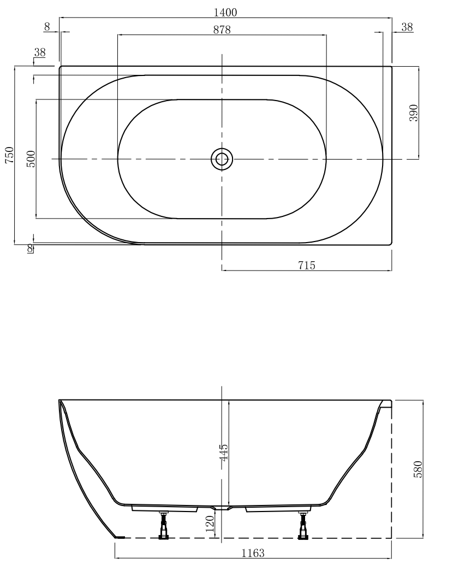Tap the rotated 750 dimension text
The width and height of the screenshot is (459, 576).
pyautogui.click(x=8, y=156)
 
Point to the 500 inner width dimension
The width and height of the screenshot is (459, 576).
pyautogui.click(x=31, y=159)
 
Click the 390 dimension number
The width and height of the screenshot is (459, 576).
pyautogui.click(x=413, y=113)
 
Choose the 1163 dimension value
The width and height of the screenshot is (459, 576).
pyautogui.click(x=253, y=553)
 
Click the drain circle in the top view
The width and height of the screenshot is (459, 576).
pyautogui.click(x=222, y=159)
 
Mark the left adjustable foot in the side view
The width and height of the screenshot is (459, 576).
pyautogui.click(x=163, y=526)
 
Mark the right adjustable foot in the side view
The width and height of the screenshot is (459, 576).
pyautogui.click(x=303, y=526)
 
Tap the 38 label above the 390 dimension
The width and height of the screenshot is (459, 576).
pyautogui.click(x=407, y=26)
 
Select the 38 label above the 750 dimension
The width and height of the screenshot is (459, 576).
pyautogui.click(x=40, y=52)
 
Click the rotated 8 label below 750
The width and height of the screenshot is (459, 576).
pyautogui.click(x=30, y=249)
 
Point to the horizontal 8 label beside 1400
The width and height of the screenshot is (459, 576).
pyautogui.click(x=47, y=26)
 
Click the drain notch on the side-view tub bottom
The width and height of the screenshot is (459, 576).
pyautogui.click(x=222, y=508)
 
